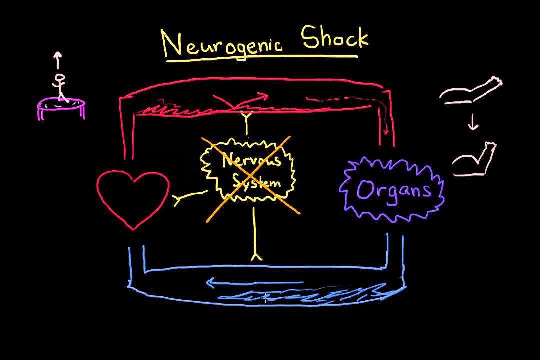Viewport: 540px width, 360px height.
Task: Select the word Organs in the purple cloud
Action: (393, 190)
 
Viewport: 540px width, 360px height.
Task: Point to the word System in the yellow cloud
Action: (256, 182)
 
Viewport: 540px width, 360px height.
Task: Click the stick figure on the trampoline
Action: (60, 86)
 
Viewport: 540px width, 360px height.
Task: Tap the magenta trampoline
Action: (62, 106)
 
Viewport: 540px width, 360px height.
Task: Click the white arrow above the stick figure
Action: (58, 60)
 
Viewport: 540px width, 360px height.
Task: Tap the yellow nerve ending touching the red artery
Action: (247, 119)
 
